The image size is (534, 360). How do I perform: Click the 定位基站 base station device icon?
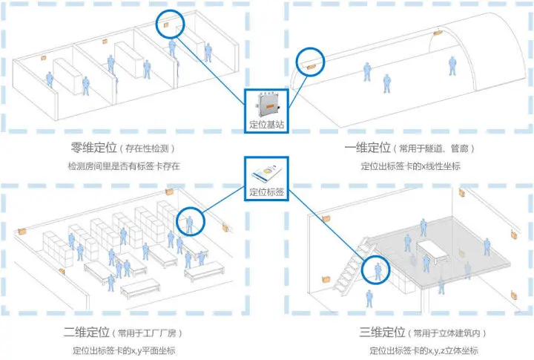tap(268, 105)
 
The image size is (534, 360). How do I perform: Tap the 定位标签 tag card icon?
tap(267, 173)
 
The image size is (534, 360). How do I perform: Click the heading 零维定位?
tap(93, 147)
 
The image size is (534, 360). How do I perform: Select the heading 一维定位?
tap(367, 148)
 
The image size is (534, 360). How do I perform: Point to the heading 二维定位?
tap(87, 332)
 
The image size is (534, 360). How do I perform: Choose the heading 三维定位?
tap(382, 332)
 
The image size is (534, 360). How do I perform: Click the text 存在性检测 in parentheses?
tap(147, 148)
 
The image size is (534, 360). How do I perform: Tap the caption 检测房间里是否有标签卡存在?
tap(124, 166)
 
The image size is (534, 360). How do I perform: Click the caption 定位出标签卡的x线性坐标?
tap(410, 166)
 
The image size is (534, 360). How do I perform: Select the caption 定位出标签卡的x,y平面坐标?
tap(124, 350)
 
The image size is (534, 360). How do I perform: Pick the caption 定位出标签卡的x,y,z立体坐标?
tap(423, 350)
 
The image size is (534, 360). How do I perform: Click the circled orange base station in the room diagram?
tap(166, 25)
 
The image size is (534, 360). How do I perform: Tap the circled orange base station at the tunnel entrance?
tap(311, 67)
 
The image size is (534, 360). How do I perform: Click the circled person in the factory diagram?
tap(190, 224)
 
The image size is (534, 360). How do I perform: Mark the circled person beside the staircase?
tap(378, 272)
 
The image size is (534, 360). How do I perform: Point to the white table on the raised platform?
tap(432, 252)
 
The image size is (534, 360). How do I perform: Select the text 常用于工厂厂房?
tap(147, 333)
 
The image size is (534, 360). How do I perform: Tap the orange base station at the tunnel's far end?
tap(438, 33)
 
